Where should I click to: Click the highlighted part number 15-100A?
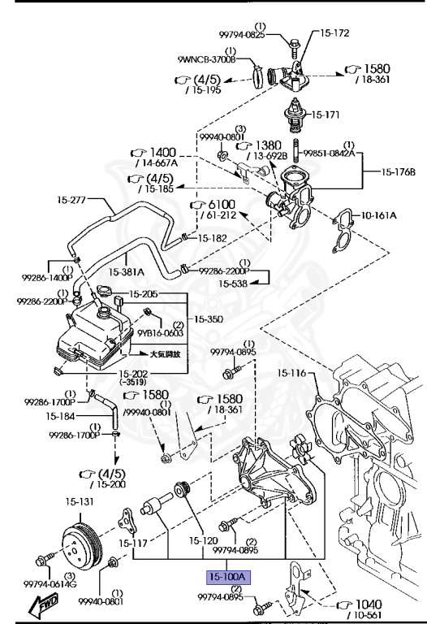(228, 577)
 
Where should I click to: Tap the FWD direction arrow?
(44, 604)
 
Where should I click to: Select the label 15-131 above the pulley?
(80, 502)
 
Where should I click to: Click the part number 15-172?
(334, 33)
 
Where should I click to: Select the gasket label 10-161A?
(379, 215)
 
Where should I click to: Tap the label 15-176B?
(399, 172)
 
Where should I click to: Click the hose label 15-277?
(71, 200)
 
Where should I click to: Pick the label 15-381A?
(126, 272)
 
